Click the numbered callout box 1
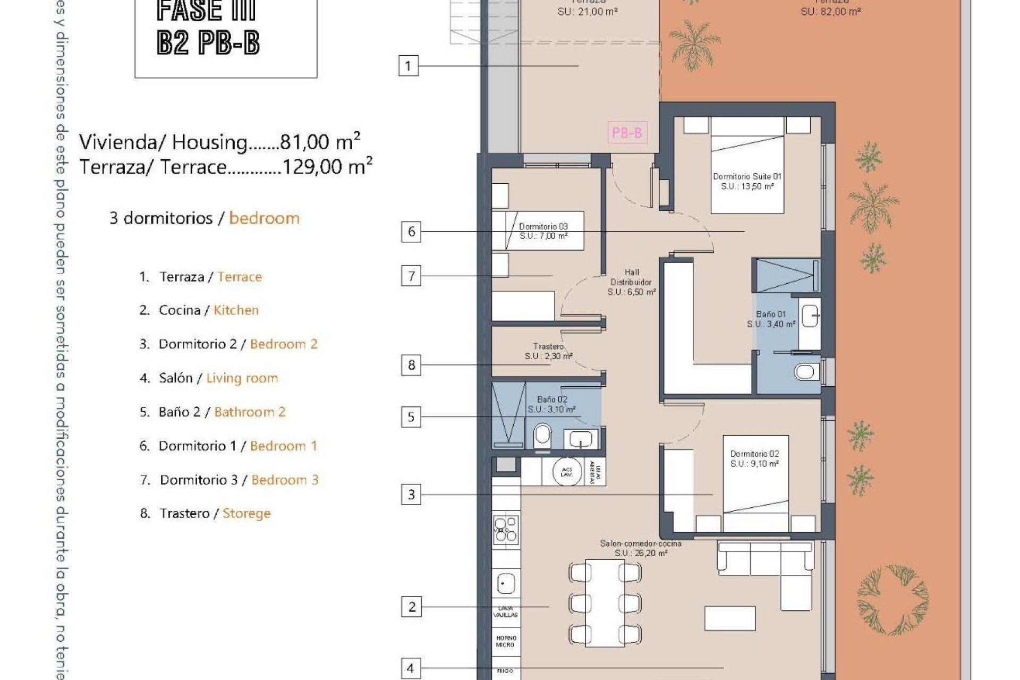click(408, 66)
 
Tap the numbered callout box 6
click(411, 232)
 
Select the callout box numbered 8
click(411, 365)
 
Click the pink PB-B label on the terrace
click(627, 132)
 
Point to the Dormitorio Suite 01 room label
click(747, 181)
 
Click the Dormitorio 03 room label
click(543, 231)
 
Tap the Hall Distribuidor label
click(632, 282)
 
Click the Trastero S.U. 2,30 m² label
click(548, 351)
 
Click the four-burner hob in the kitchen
click(506, 530)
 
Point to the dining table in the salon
click(605, 602)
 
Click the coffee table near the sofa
click(730, 618)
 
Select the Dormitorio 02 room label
click(754, 458)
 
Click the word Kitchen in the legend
click(236, 310)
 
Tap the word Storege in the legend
click(246, 513)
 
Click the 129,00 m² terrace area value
click(327, 167)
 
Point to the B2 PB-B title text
click(208, 42)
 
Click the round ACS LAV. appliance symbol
click(566, 471)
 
